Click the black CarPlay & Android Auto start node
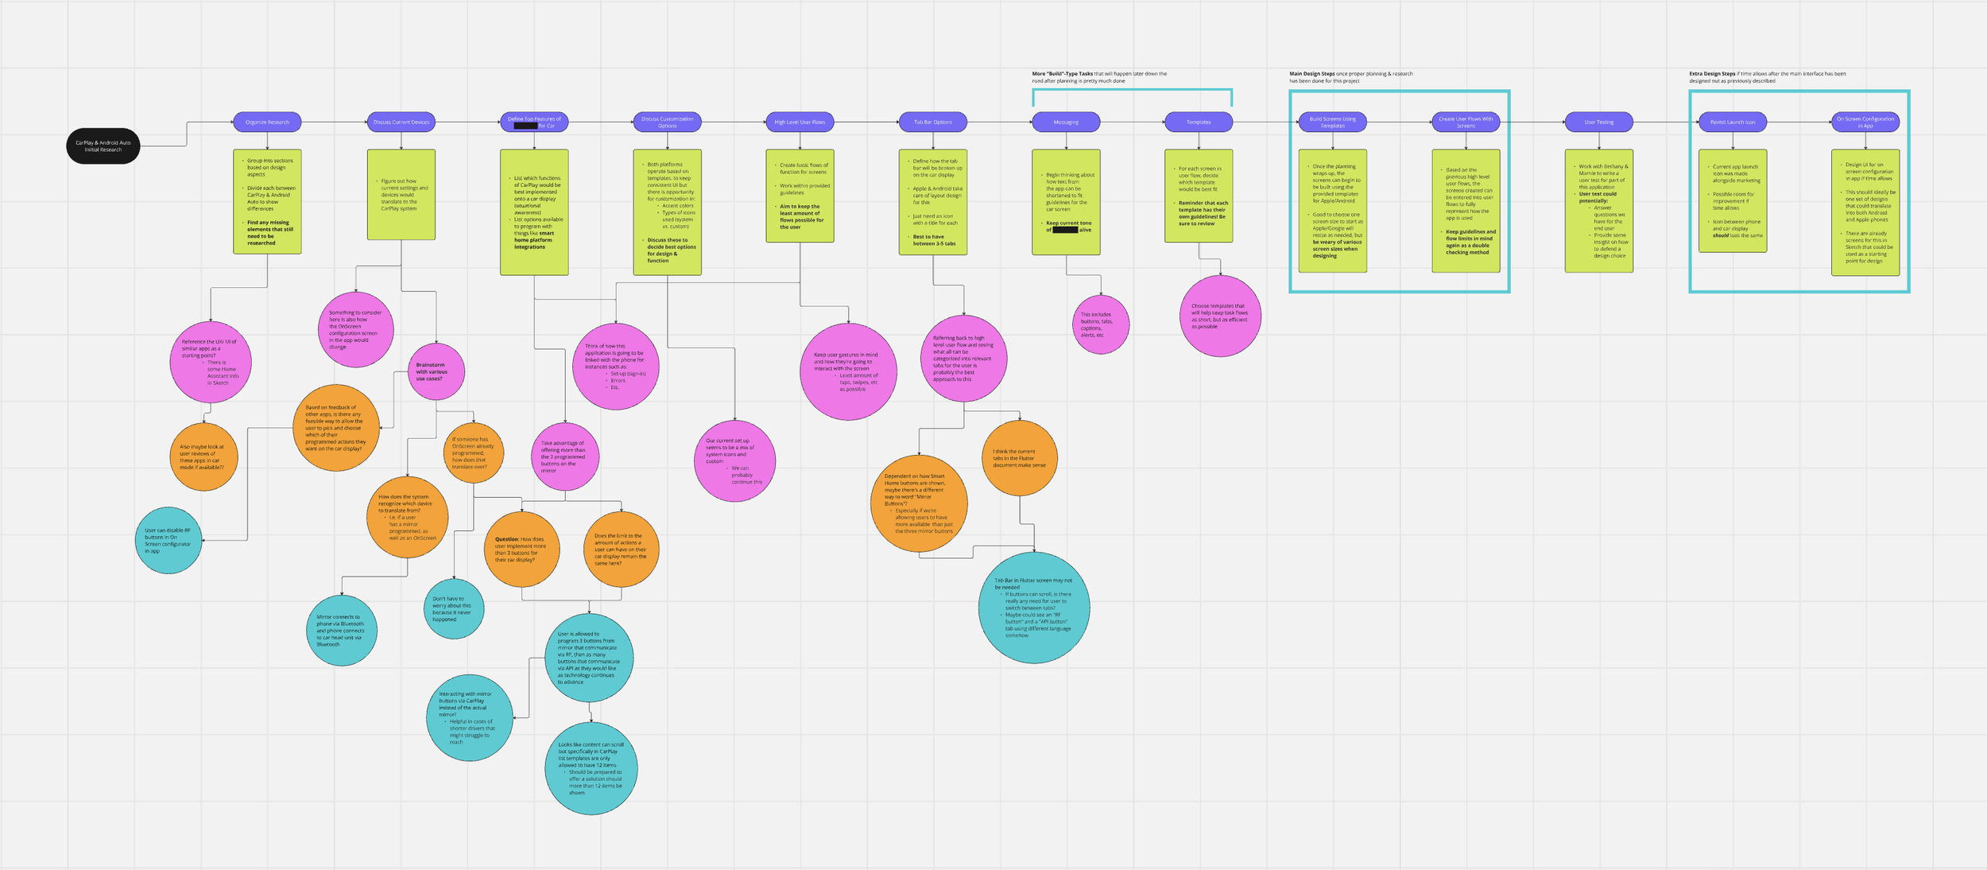pyautogui.click(x=103, y=146)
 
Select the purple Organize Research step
pyautogui.click(x=267, y=122)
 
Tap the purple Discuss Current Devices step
pyautogui.click(x=401, y=122)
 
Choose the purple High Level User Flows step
pyautogui.click(x=800, y=122)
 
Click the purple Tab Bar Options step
pyautogui.click(x=932, y=122)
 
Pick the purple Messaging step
pyautogui.click(x=1066, y=122)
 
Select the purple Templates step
pyautogui.click(x=1199, y=122)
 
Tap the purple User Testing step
pyautogui.click(x=1598, y=122)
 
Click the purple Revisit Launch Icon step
pyautogui.click(x=1733, y=122)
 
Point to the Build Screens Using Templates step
pyautogui.click(x=1333, y=122)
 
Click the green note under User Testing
pyautogui.click(x=1598, y=211)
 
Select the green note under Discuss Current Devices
pyautogui.click(x=401, y=194)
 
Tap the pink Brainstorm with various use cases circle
pyautogui.click(x=436, y=371)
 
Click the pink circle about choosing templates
pyautogui.click(x=1220, y=316)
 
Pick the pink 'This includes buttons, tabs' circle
pyautogui.click(x=1100, y=324)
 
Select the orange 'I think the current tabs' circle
pyautogui.click(x=1019, y=458)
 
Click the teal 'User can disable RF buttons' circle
pyautogui.click(x=168, y=540)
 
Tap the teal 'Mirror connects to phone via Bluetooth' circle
pyautogui.click(x=342, y=630)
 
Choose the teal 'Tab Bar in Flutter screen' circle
pyautogui.click(x=1033, y=608)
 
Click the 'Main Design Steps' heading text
pyautogui.click(x=1312, y=74)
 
